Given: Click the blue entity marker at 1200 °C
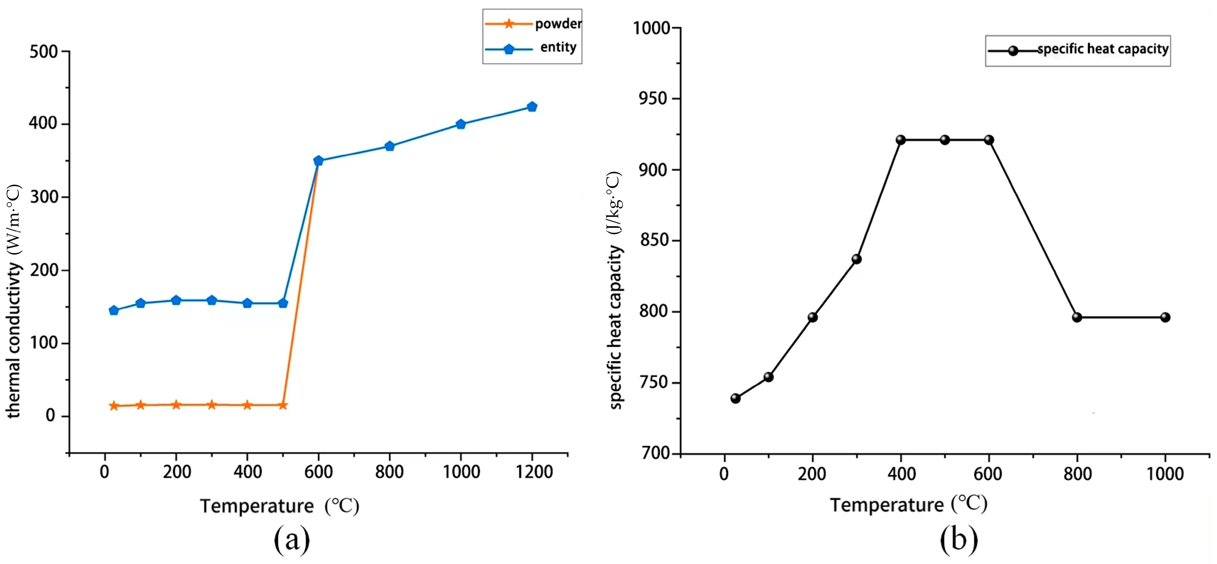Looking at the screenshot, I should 532,107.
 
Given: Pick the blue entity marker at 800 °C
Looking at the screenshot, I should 390,147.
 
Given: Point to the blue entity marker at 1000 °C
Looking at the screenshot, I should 461,125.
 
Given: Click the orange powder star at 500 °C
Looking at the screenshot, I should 283,405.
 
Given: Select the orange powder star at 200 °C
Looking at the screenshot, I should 176,405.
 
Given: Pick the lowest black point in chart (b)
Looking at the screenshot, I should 735,399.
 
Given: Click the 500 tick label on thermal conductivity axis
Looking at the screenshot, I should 44,52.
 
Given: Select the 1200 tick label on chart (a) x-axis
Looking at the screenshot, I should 534,472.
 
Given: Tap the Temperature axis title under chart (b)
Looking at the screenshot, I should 908,505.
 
